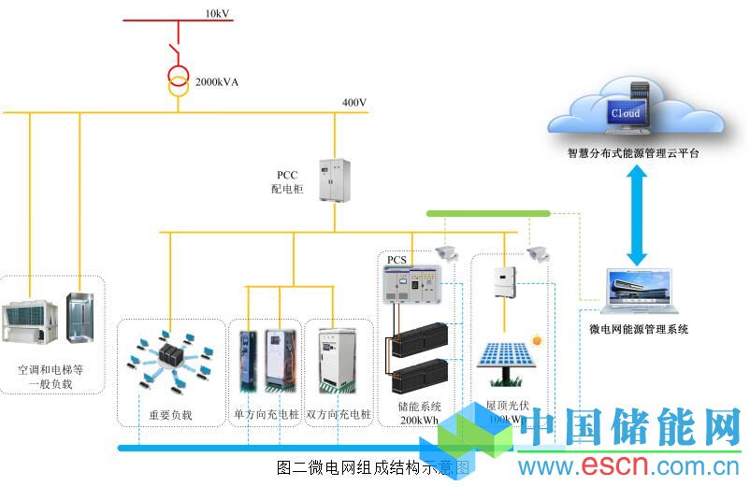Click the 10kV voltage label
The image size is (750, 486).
click(x=217, y=13)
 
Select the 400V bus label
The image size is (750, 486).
click(x=355, y=103)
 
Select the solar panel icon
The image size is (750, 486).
click(x=507, y=361)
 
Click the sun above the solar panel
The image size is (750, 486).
click(x=537, y=339)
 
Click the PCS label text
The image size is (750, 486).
click(x=397, y=260)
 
